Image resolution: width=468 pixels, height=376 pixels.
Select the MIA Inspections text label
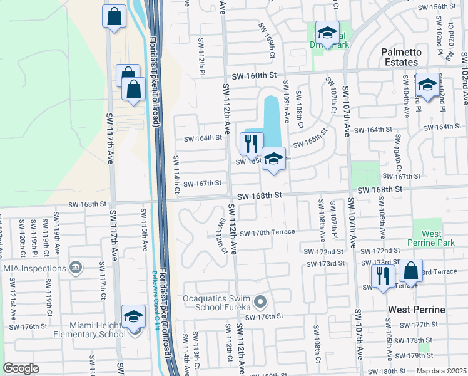(34, 268)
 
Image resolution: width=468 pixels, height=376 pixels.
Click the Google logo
(21, 368)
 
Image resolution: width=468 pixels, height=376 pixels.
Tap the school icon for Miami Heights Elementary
(133, 317)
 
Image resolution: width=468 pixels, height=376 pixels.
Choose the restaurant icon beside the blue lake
(252, 144)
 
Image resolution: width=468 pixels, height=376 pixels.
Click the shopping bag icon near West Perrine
(410, 271)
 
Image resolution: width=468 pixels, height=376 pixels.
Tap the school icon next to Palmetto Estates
(427, 85)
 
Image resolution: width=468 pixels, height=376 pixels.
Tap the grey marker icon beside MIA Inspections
(75, 268)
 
